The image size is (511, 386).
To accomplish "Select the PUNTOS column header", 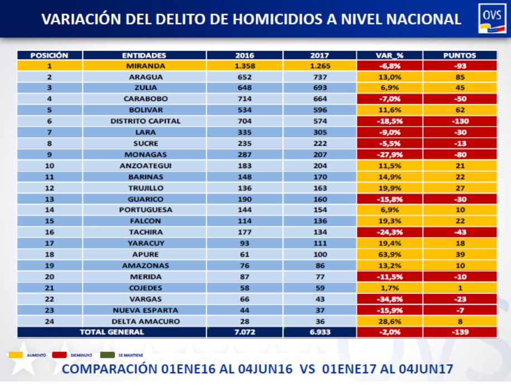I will click(x=460, y=55).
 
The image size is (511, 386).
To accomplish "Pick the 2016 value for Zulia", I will click(x=245, y=88).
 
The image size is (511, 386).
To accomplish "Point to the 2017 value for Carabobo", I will click(x=319, y=99).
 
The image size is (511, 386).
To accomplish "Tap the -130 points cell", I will click(x=460, y=121).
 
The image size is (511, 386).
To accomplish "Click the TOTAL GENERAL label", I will click(x=112, y=332).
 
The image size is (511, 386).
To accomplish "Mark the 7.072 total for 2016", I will click(x=245, y=332).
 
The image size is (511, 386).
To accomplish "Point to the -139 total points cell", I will click(x=460, y=332).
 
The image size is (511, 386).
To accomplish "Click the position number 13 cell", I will click(x=50, y=199).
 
